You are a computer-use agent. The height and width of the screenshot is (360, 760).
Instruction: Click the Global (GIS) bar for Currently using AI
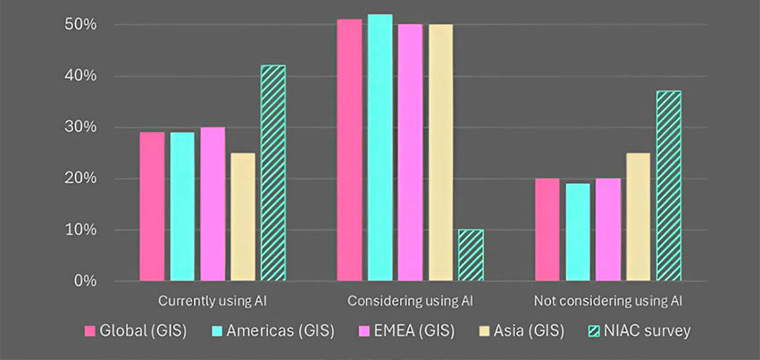pyautogui.click(x=152, y=206)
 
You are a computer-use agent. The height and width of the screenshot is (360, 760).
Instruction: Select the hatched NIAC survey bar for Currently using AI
pyautogui.click(x=273, y=173)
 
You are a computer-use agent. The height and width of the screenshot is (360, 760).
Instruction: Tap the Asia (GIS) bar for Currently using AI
pyautogui.click(x=243, y=217)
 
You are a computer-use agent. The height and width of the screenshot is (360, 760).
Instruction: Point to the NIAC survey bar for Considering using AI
pyautogui.click(x=471, y=255)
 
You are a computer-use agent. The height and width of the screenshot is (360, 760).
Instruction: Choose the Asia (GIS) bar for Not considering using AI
pyautogui.click(x=638, y=217)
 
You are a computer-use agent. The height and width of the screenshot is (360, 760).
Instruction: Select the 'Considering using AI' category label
pyautogui.click(x=410, y=301)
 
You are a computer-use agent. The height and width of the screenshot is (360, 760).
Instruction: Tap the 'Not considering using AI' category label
pyautogui.click(x=607, y=301)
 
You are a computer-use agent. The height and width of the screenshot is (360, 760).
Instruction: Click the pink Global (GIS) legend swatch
pyautogui.click(x=90, y=331)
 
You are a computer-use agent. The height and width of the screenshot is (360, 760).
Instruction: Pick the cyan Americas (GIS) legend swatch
pyautogui.click(x=218, y=331)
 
